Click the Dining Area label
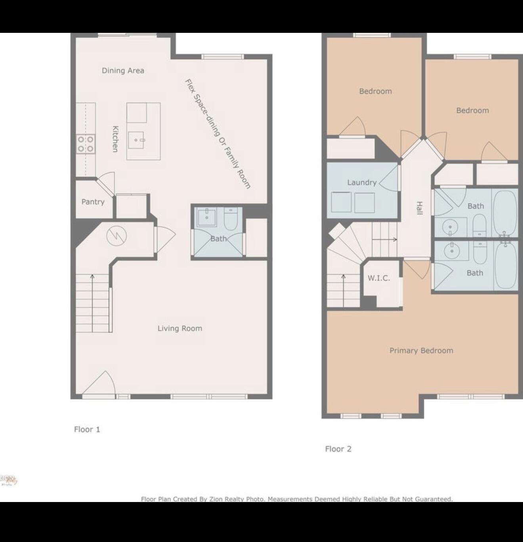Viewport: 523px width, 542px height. coord(123,70)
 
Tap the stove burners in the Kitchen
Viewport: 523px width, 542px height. coord(86,144)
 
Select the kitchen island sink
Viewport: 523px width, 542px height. coord(137,140)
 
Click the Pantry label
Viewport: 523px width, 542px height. coord(93,202)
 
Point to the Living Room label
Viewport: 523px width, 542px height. coord(179,328)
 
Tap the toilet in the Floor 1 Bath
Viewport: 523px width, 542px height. coord(230,219)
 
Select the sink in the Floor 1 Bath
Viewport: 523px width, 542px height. coord(206,217)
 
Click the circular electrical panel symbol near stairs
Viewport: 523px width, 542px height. coord(116,236)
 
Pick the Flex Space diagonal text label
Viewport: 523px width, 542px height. coord(218,133)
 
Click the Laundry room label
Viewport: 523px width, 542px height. coord(361,182)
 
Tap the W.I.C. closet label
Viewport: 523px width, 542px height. coord(378,278)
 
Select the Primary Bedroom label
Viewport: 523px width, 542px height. coord(421,350)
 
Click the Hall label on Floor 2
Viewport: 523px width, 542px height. coord(419,208)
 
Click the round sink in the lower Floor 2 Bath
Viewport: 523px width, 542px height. coord(451,250)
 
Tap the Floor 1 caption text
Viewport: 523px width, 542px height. coord(87,429)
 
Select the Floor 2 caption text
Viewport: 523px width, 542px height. coord(338,449)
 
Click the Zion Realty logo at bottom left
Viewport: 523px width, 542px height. coord(9,480)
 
